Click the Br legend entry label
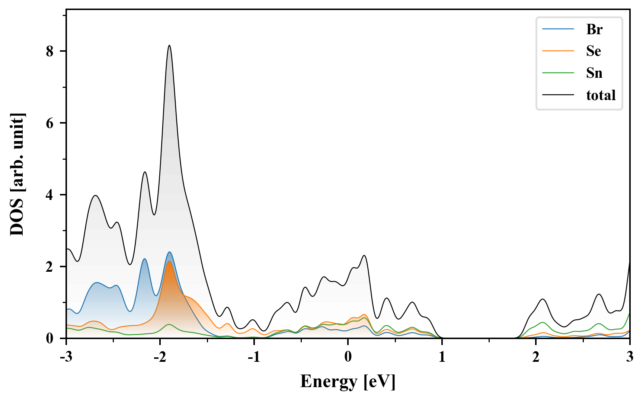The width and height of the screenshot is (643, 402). (x=594, y=29)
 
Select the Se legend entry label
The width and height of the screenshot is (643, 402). (x=594, y=51)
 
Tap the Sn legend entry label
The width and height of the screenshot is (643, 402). (x=594, y=73)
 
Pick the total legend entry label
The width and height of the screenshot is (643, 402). (x=601, y=95)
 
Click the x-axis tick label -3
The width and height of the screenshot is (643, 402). (x=66, y=357)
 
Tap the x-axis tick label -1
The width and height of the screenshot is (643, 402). (x=253, y=357)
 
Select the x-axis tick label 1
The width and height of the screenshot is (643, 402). (x=442, y=357)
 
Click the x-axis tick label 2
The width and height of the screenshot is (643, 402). (x=536, y=357)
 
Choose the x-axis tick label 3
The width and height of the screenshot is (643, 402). (x=630, y=357)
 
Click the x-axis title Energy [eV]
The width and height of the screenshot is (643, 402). (x=348, y=382)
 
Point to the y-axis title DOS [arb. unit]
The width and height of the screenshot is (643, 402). (x=17, y=174)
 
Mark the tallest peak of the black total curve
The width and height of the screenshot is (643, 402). (x=169, y=45)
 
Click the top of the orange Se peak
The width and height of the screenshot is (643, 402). (x=169, y=261)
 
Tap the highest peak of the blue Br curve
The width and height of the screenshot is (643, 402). (x=169, y=252)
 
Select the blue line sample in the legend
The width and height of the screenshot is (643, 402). (x=558, y=29)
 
